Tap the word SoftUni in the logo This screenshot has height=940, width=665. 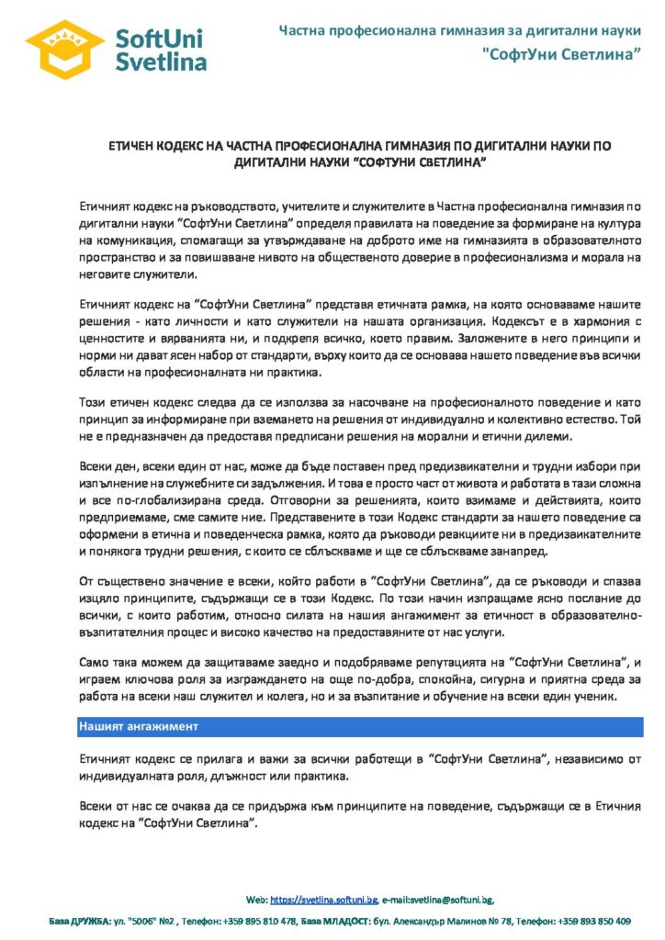160,38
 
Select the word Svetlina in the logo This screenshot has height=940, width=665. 161,61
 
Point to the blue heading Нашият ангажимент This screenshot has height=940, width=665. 138,726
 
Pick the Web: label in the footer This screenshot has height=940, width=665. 256,900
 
